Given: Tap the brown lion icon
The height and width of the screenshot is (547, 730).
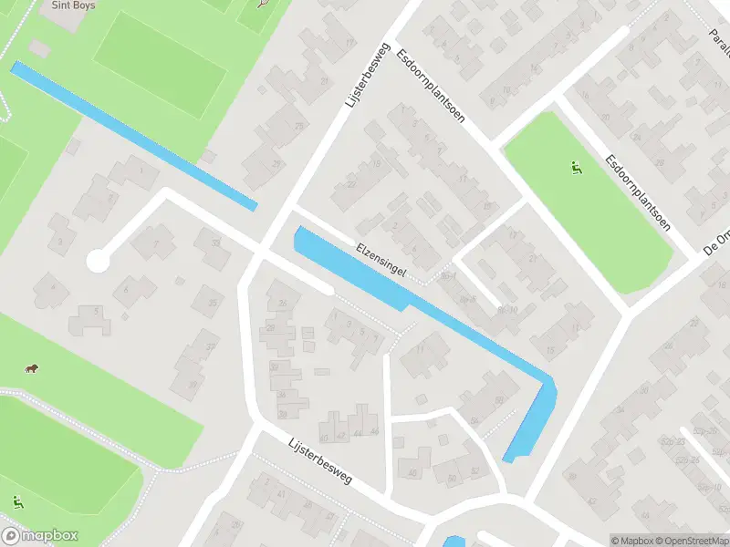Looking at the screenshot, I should point(31,368).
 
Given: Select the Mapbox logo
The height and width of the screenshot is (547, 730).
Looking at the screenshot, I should point(40,535).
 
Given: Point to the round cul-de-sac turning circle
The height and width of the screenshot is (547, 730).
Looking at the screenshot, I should point(98,262).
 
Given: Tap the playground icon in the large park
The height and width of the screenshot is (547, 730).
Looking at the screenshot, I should point(576,168).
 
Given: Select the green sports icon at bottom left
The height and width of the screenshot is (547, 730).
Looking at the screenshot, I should point(17,501).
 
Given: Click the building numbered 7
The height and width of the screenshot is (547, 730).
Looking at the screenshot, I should point(155,243).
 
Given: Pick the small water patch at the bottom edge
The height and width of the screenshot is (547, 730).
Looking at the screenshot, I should point(454,542).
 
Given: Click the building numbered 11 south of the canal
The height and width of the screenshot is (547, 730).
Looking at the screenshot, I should point(422,352).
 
